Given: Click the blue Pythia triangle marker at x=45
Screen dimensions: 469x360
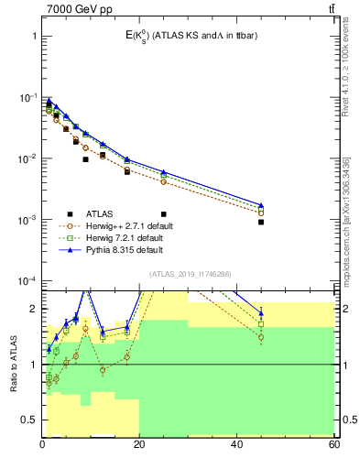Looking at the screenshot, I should (x=261, y=205).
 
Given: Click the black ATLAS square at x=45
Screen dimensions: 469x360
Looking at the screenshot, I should (x=261, y=222).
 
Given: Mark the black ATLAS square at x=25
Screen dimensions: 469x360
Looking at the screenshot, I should (x=164, y=162).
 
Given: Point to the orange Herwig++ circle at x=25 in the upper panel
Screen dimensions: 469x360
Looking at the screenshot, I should (x=164, y=181).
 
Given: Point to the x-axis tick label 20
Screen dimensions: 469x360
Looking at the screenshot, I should (x=139, y=444).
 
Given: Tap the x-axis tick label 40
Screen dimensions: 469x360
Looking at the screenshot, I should (x=237, y=444).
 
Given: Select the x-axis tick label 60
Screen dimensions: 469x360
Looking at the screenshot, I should (x=333, y=444).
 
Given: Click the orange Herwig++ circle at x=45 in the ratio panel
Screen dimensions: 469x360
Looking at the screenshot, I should (x=261, y=337).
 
